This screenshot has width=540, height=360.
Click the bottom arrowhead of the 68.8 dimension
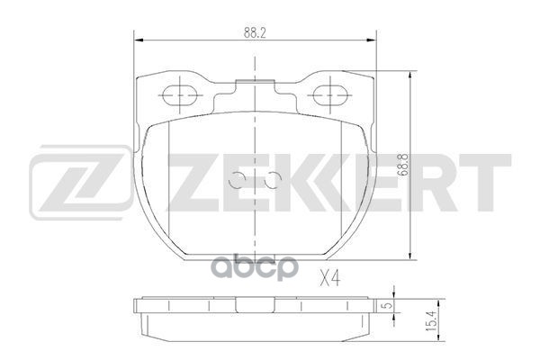click(x=411, y=256)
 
